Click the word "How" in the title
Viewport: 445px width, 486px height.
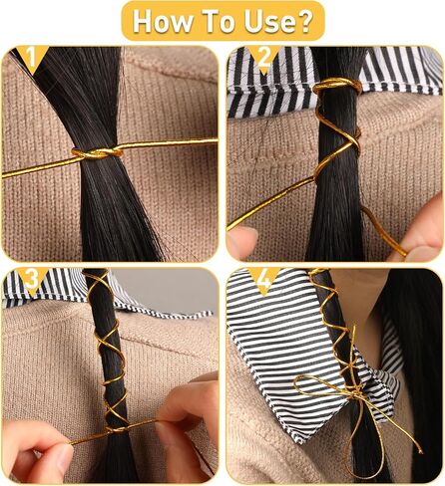pos(163,21)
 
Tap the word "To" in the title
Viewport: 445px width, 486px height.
pos(220,21)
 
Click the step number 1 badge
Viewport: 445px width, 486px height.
pos(32,57)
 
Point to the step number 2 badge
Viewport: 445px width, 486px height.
pos(264,58)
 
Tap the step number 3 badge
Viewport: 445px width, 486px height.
pos(32,280)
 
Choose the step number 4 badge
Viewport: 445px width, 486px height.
pos(264,280)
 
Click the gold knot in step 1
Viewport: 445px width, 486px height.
pos(97,153)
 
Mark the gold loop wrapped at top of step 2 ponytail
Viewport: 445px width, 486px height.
pos(336,87)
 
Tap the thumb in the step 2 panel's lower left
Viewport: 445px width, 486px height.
pos(242,242)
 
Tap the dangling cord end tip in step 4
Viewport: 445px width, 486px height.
pos(421,451)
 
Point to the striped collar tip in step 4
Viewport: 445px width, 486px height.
pos(301,440)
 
